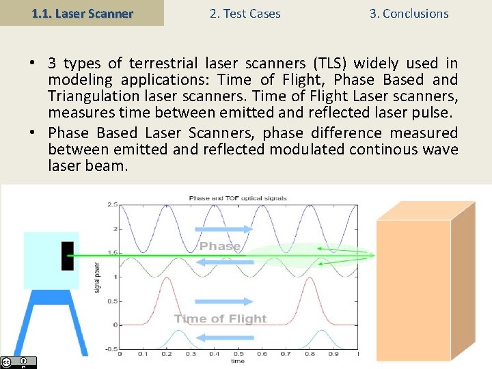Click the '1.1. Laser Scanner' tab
tap(82, 14)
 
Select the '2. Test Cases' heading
tap(244, 14)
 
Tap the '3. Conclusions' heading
tap(409, 14)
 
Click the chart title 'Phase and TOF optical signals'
tap(238, 198)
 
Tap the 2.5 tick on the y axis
tap(112, 204)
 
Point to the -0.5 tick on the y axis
tap(111, 348)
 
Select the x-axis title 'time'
tap(238, 361)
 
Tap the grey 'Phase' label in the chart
tap(220, 246)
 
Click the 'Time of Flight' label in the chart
tap(220, 318)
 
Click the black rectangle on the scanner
tap(67, 256)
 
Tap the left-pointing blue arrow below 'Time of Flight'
tap(220, 336)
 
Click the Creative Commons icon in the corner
tap(7, 362)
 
